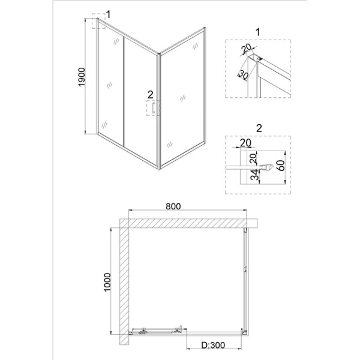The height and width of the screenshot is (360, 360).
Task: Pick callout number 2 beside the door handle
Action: point(151,94)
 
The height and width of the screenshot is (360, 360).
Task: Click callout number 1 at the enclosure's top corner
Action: point(108,14)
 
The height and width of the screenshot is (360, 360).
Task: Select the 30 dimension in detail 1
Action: point(242,74)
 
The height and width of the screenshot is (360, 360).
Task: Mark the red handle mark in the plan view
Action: point(245,269)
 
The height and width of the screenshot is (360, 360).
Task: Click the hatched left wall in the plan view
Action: point(123,282)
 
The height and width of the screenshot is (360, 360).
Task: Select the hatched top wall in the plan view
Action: point(186,223)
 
